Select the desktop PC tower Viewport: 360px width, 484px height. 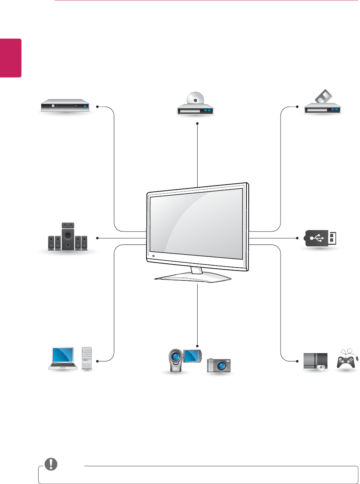[x=87, y=358]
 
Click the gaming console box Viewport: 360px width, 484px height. [x=316, y=361]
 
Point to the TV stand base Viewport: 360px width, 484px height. [x=193, y=278]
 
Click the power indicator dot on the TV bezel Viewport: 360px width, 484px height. [x=154, y=257]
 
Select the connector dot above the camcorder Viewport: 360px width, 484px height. [x=198, y=346]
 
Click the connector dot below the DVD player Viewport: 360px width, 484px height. [x=198, y=123]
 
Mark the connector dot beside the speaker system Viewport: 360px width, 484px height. [x=98, y=238]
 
